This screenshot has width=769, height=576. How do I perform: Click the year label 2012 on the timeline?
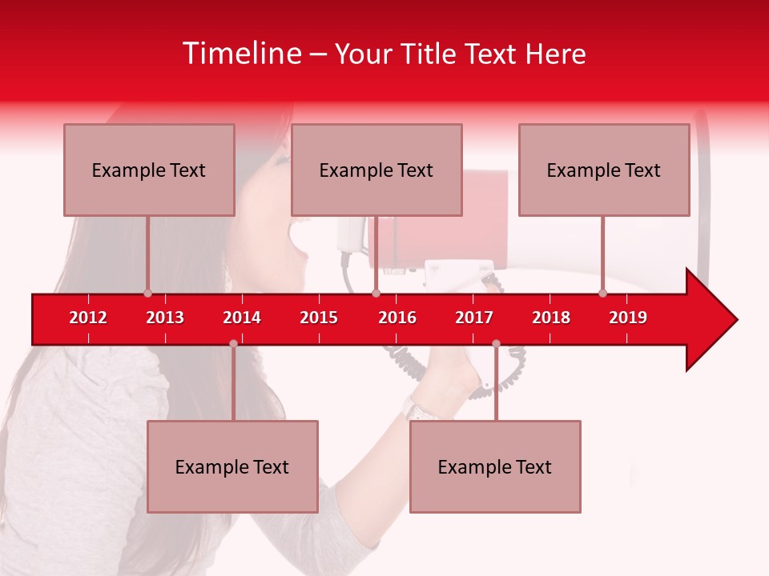pos(88,318)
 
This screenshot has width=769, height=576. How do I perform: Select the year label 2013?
pos(165,318)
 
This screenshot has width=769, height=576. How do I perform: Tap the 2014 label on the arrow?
pos(242,318)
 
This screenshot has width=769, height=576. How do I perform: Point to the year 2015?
pos(319,318)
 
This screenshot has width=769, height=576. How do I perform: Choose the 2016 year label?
pos(397,318)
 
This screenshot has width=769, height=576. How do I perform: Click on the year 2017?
pos(474,318)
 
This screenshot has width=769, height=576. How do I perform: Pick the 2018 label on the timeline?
pos(551,318)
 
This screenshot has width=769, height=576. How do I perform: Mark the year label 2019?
pos(628,318)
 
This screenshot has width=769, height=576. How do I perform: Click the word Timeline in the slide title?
pos(241,54)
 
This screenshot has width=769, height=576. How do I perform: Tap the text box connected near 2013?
pos(149,170)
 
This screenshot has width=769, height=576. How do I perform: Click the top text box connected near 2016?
pos(376,170)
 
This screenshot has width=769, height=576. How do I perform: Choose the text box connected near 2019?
pos(604,170)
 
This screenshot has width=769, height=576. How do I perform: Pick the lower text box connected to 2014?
pos(232,466)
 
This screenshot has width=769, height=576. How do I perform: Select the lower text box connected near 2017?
pos(495,466)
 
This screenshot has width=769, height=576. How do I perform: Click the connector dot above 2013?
pos(147,293)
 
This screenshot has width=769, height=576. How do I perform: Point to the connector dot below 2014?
pos(233,343)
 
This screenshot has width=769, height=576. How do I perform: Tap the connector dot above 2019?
pos(602,293)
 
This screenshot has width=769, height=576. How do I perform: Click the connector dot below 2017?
pos(496,343)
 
